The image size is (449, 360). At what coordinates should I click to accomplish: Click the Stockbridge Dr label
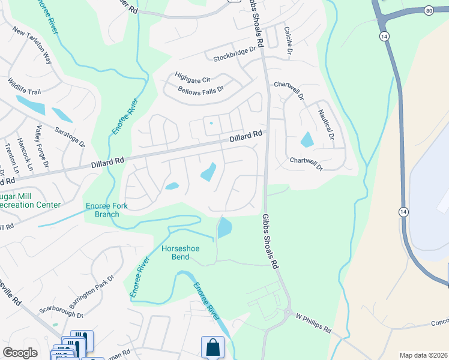pos(238,58)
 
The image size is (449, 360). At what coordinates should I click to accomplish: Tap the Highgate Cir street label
pos(193,77)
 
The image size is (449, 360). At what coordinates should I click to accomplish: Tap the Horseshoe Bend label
pos(175,253)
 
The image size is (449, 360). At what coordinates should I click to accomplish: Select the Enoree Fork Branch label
pos(107,210)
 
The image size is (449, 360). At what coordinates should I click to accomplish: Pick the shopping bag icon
pos(212,347)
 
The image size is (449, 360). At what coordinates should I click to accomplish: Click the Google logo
pos(20,353)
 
